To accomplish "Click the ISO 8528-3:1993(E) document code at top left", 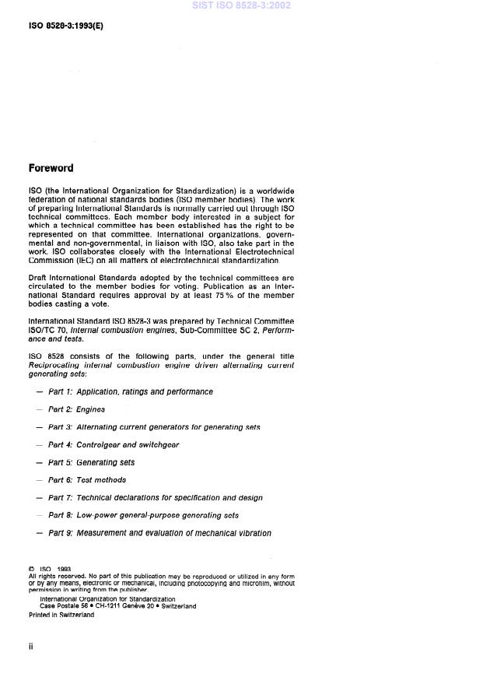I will point(65,25).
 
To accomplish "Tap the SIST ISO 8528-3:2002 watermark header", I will point(241,6).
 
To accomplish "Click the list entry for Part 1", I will point(130,391).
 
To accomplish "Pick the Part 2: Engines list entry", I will point(76,409).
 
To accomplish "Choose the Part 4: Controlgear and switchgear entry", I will point(114,445).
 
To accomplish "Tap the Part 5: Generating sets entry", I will point(91,462).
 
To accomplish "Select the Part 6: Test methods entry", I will point(87,480).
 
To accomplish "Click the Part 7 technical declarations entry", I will point(155,498).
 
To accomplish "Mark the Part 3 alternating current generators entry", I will point(154,427).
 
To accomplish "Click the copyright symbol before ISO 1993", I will point(31,569).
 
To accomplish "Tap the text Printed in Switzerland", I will point(61,615).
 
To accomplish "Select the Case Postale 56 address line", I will point(117,606).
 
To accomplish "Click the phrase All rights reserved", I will point(55,576).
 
